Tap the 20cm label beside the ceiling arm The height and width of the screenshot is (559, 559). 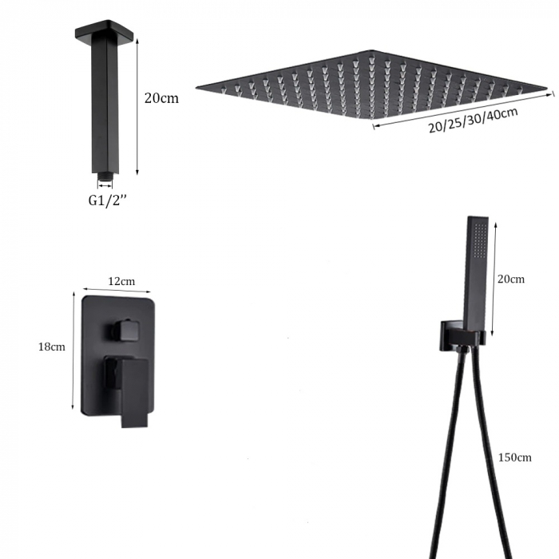(161, 99)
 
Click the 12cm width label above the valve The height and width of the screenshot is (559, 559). (121, 281)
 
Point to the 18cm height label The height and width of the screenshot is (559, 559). (51, 347)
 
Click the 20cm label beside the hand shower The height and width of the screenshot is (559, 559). (511, 279)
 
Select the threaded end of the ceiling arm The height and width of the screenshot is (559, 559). (105, 172)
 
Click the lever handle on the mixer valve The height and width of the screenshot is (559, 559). (131, 391)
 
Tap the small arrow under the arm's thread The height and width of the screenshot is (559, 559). (105, 183)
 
